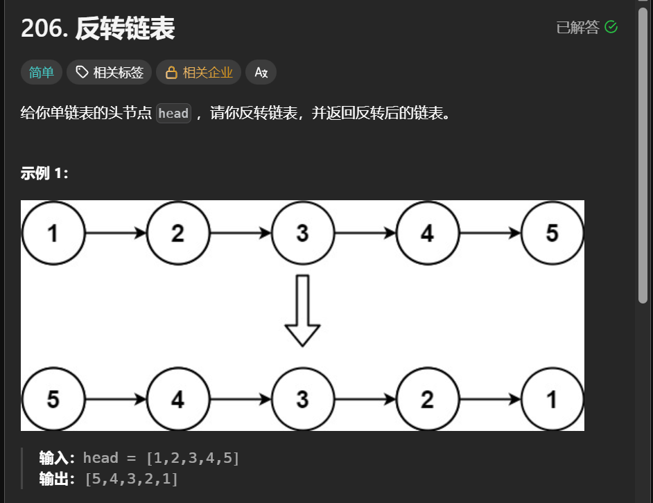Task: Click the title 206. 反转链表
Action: click(x=98, y=28)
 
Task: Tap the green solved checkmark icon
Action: click(x=611, y=27)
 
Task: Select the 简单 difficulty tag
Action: click(x=42, y=72)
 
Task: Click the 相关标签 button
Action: click(x=110, y=72)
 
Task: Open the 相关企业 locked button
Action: click(x=199, y=72)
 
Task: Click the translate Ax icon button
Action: click(x=261, y=72)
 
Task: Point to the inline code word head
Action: click(x=173, y=113)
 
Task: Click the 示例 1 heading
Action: click(x=44, y=173)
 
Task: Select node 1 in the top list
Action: click(x=53, y=233)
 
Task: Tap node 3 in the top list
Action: click(x=302, y=233)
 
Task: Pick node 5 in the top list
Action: click(x=552, y=233)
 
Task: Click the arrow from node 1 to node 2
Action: click(x=115, y=233)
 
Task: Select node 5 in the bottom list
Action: click(x=53, y=399)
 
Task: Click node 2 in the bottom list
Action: click(x=427, y=399)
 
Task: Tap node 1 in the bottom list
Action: click(x=552, y=399)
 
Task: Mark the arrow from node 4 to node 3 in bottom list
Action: click(x=240, y=399)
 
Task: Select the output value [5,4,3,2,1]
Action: click(x=131, y=478)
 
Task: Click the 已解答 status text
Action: click(x=577, y=27)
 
